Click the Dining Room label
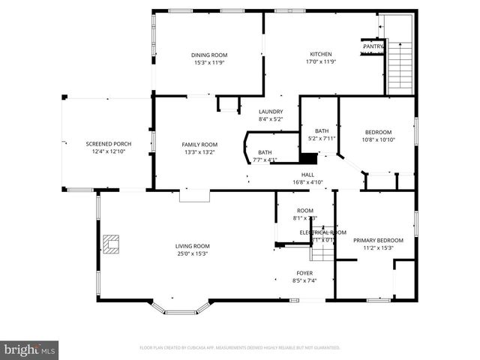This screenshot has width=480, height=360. click(208, 55)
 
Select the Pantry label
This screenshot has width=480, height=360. click(373, 46)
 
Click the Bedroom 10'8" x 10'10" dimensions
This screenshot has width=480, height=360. click(379, 139)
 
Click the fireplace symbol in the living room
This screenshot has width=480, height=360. click(112, 244)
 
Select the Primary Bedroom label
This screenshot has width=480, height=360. click(378, 240)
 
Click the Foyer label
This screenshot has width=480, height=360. click(304, 272)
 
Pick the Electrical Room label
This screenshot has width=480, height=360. click(322, 232)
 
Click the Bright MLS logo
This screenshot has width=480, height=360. click(30, 349)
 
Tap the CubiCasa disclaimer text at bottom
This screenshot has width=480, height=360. click(240, 348)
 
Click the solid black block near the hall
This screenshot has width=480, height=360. click(308, 158)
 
